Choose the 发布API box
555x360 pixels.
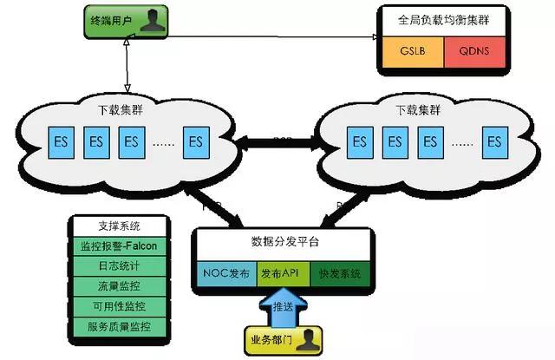281,272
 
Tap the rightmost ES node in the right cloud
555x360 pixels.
495,140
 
